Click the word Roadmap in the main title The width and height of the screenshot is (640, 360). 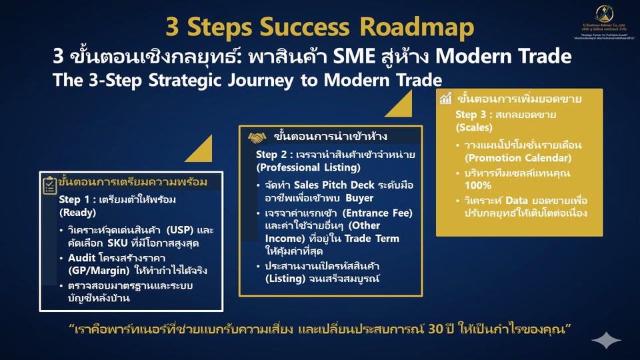(417, 27)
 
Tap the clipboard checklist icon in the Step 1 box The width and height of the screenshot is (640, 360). (49, 185)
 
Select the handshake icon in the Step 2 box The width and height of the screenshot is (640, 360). (257, 137)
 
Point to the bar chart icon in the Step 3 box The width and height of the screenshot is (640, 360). (446, 99)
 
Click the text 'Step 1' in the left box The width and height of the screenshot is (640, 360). (73, 199)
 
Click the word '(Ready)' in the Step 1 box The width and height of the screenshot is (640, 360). (78, 213)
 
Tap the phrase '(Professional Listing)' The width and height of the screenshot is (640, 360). (300, 167)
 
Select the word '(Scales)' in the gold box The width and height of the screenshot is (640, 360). (474, 127)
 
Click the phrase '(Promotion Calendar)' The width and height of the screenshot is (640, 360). (518, 158)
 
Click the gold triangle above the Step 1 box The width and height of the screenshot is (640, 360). (201, 151)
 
